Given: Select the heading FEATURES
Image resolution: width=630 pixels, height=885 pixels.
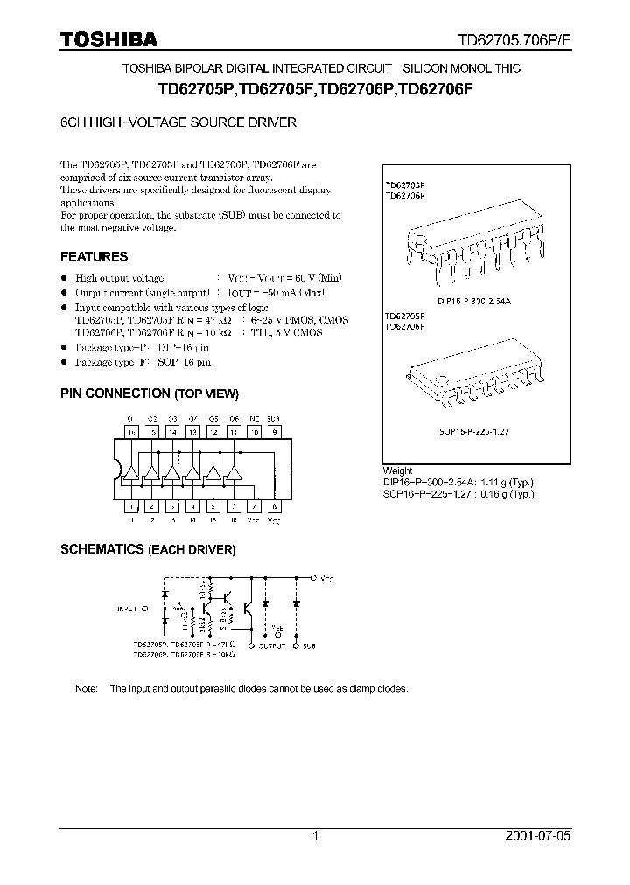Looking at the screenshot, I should pos(94,257).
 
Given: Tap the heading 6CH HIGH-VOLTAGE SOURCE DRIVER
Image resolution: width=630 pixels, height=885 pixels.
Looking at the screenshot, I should pos(178,123).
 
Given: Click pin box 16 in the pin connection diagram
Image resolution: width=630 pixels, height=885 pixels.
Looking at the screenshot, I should pos(131,431).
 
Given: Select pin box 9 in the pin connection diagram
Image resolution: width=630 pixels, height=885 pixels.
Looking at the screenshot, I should pos(275,431).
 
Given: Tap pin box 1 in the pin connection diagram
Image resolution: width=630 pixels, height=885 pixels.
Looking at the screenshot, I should pos(131,506).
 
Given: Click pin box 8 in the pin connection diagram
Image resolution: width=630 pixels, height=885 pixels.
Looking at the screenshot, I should pos(275,506).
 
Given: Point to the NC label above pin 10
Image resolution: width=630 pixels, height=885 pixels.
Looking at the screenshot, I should pos(254,419).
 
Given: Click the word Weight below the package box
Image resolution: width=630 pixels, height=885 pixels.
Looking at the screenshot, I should pos(398,470).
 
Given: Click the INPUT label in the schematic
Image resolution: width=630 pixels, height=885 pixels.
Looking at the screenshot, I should pos(129,606).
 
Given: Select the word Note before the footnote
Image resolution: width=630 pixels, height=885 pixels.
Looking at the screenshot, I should pos(87,689).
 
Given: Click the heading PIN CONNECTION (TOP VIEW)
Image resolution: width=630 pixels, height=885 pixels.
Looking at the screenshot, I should pos(149,394).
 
